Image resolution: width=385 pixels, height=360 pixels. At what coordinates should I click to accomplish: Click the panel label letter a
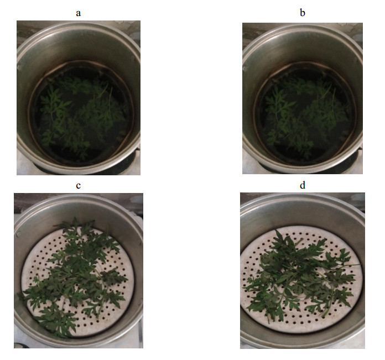click(78, 13)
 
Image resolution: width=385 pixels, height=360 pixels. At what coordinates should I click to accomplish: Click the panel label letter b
click(303, 12)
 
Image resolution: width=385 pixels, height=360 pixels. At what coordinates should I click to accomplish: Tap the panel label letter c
click(78, 186)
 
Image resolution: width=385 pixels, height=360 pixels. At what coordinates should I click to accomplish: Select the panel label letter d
click(303, 185)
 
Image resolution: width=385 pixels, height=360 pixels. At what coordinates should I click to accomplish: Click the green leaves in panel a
click(81, 116)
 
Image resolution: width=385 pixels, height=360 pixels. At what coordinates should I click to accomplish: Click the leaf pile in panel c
click(74, 275)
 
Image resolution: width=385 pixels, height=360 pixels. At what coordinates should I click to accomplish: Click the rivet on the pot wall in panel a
click(19, 66)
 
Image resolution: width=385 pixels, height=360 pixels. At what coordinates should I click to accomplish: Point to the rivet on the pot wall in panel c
click(18, 234)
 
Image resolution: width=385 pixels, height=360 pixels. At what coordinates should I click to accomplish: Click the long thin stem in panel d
click(344, 265)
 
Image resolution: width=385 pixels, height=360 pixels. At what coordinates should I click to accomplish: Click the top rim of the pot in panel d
click(303, 196)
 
